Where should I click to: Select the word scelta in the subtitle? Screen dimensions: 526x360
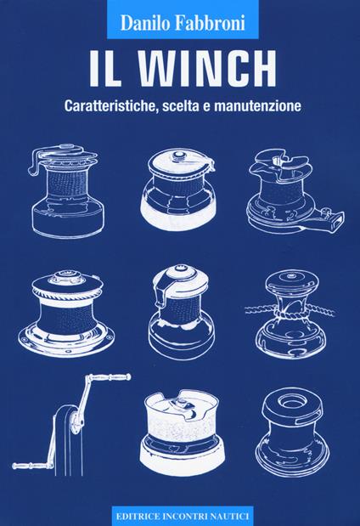pyautogui.click(x=219, y=109)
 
